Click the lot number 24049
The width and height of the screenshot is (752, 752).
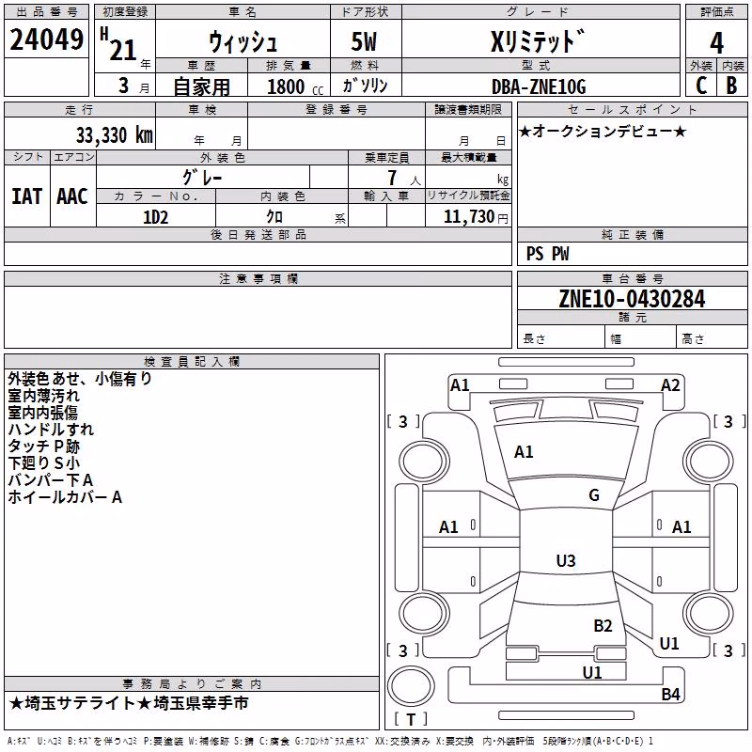(x=46, y=39)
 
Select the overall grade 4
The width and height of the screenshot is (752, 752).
(x=716, y=42)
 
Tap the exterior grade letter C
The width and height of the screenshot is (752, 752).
(x=701, y=86)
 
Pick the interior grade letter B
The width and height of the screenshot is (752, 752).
(x=731, y=86)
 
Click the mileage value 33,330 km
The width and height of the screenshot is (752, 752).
(x=115, y=135)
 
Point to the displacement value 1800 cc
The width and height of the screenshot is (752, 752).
(x=295, y=86)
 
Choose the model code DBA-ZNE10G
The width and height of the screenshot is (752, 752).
(x=539, y=86)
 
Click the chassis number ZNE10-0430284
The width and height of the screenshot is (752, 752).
(x=632, y=299)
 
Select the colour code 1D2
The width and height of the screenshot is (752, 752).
(x=156, y=217)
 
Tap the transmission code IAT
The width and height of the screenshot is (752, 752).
(x=27, y=196)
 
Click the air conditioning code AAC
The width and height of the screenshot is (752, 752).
(x=72, y=196)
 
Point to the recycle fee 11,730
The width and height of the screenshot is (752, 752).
(x=469, y=217)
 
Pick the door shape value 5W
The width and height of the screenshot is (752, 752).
(x=364, y=41)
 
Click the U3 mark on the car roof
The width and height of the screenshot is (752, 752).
(x=566, y=560)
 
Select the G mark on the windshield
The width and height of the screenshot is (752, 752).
(x=594, y=495)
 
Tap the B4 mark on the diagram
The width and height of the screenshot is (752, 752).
(x=670, y=694)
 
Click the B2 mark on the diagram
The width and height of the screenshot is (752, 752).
(x=603, y=626)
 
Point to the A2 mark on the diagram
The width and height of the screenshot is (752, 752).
(x=670, y=385)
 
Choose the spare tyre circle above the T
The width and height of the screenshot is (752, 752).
(x=411, y=686)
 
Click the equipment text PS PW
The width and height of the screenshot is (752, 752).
(x=548, y=254)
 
